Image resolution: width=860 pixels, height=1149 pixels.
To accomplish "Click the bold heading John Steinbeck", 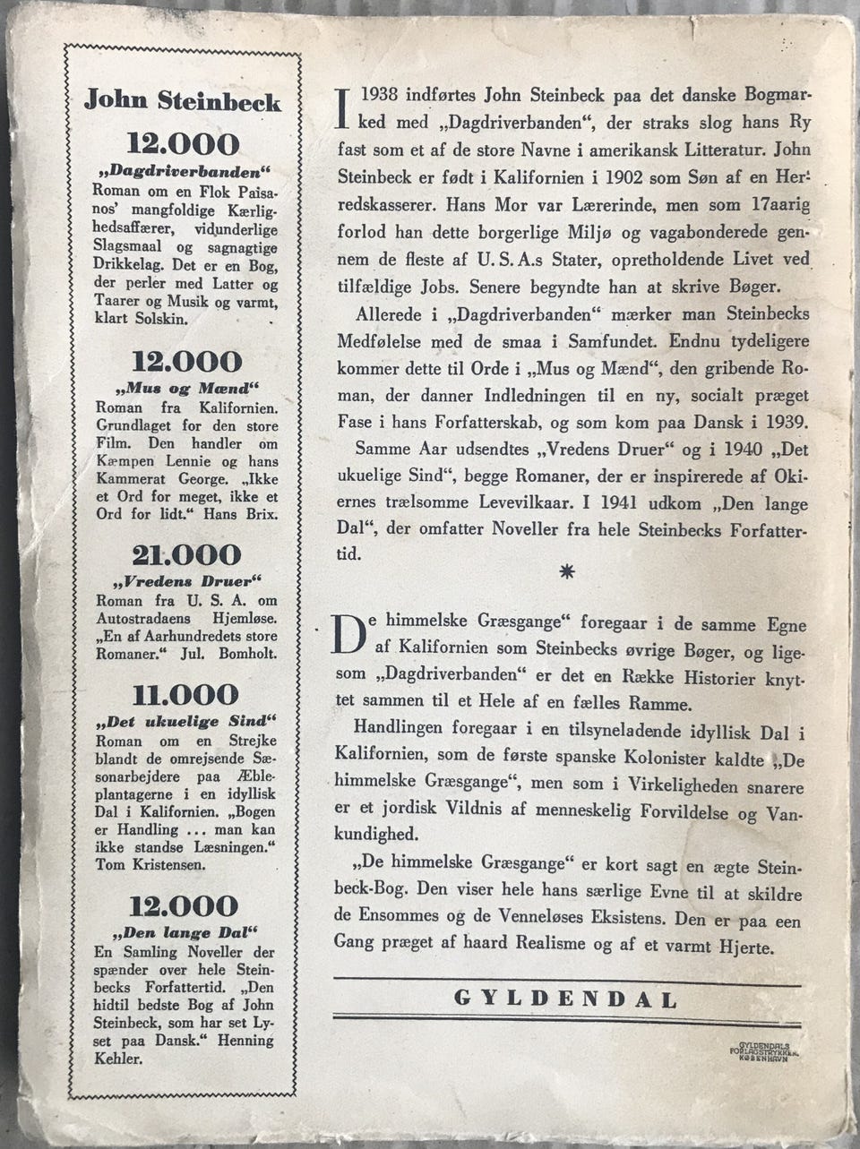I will tap(182, 100).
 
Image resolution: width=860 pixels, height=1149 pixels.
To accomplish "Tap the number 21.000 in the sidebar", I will tap(186, 555).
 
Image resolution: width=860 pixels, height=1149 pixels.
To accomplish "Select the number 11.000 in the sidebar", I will tap(186, 695).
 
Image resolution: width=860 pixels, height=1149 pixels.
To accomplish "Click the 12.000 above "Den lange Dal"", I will tap(185, 906).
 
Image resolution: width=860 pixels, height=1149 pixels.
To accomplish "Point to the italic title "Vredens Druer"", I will tap(185, 579).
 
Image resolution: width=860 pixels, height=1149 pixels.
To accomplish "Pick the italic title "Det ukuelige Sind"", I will tap(185, 720).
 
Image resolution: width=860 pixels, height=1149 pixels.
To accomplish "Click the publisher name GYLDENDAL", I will tap(566, 999).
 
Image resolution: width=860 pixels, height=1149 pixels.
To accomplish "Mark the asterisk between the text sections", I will tap(566, 574).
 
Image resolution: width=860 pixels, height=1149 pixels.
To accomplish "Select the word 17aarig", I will tap(776, 204).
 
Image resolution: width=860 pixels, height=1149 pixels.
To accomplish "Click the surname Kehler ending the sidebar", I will tap(121, 1059).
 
